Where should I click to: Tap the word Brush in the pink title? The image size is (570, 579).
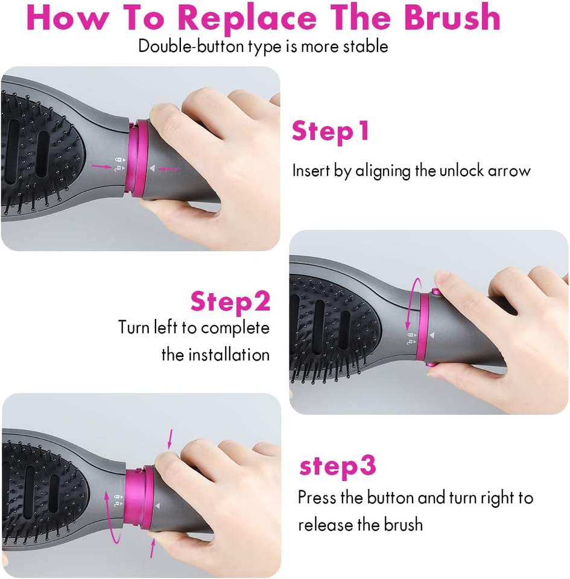pos(452,17)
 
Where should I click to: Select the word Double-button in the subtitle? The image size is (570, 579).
pos(191,46)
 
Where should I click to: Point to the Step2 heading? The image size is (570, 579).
pos(230,302)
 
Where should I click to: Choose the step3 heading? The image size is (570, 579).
pos(337,467)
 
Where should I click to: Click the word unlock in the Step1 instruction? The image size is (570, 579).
pos(461,171)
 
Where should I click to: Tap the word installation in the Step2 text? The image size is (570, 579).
pos(229,355)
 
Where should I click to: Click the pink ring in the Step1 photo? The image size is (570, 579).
pos(138,157)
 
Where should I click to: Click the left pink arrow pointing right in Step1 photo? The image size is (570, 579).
pos(101,167)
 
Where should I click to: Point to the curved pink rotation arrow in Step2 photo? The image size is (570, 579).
pos(412,303)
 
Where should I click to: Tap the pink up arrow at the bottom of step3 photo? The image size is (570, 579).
pos(152,548)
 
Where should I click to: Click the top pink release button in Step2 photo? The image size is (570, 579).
pos(435,293)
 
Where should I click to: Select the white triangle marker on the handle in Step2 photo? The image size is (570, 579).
pos(431,335)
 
